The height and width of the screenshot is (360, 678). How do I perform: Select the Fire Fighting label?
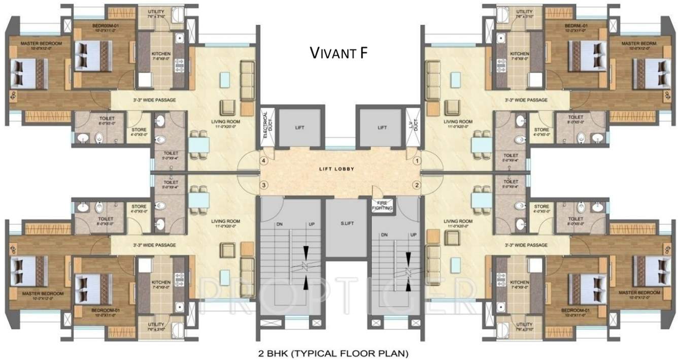pos(382,206)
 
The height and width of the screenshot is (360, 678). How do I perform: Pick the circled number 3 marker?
pos(263,185)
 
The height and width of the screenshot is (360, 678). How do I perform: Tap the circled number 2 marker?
pos(417,185)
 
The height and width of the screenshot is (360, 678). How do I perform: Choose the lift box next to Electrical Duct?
pos(299,128)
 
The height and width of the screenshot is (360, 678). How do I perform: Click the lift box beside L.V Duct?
pos(382,128)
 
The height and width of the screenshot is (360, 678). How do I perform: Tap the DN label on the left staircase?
pos(279,224)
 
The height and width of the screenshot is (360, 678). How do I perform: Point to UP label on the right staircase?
pos(414,235)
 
